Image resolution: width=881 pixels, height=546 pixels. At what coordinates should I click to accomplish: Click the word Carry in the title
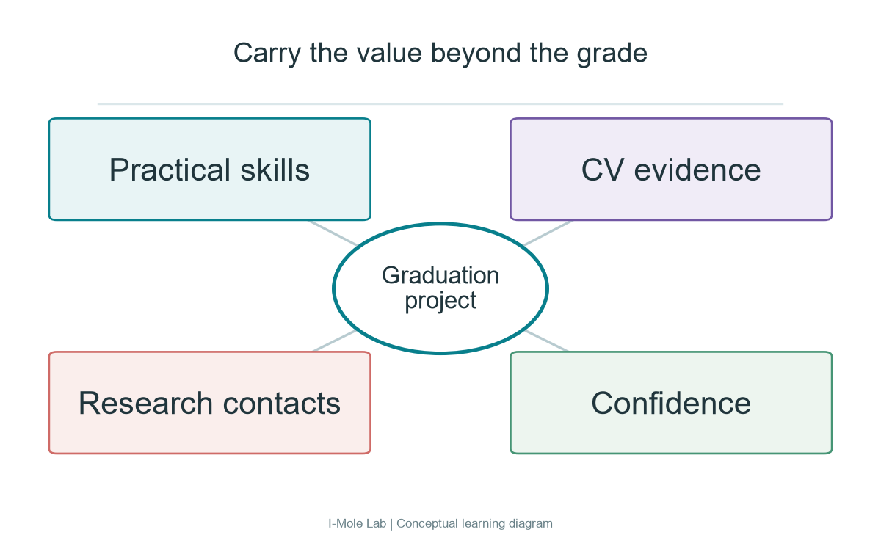pos(267,54)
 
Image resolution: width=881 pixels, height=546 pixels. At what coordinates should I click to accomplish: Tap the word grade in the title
pos(612,54)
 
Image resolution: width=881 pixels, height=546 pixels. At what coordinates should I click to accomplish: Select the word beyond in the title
pos(476,54)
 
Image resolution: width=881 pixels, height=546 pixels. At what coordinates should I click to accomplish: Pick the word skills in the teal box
pos(275,170)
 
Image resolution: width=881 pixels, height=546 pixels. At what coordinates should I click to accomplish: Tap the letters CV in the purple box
pos(603,170)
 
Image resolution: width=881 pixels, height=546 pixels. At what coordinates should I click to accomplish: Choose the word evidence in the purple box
pos(697,170)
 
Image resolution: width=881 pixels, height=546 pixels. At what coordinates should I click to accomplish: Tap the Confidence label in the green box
pos(671,404)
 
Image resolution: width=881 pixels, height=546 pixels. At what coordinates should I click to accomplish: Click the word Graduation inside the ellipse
pos(440,275)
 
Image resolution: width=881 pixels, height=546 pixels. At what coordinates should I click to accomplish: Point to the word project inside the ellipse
pos(440,301)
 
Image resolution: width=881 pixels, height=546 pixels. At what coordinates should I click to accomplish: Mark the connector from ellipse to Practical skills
pos(333,233)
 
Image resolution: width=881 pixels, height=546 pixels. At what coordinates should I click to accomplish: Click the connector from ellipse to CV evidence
pos(548,233)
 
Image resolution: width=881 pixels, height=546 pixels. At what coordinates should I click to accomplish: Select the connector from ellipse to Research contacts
pos(335,341)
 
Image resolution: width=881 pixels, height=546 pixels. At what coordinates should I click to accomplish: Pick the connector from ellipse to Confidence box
pos(546,341)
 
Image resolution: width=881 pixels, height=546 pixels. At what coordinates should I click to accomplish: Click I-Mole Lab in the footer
pos(357,523)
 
